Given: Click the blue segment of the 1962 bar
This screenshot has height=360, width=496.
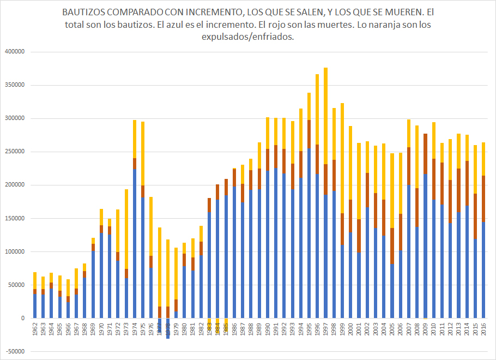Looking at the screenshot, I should point(35,306).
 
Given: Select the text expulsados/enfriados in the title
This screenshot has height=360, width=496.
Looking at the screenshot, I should point(248,37).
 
